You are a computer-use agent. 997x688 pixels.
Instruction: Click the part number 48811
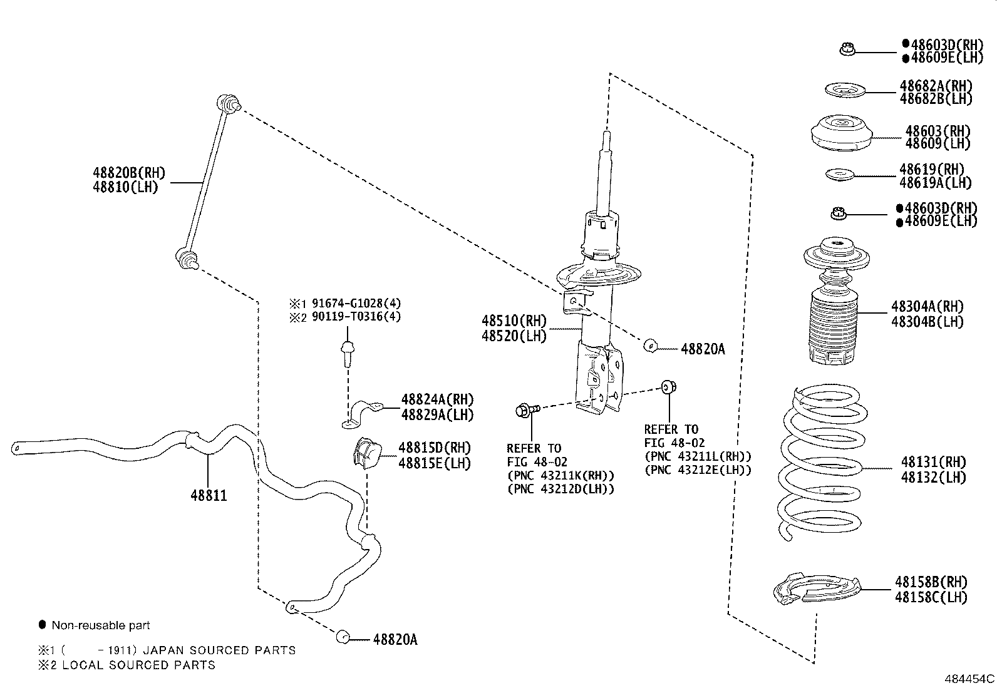click(x=208, y=496)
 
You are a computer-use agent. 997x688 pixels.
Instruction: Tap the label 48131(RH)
click(x=933, y=462)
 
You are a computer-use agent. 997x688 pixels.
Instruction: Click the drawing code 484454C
click(x=969, y=678)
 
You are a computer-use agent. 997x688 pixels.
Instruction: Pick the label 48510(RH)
click(x=514, y=321)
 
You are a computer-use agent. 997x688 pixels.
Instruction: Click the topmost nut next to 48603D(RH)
click(x=847, y=48)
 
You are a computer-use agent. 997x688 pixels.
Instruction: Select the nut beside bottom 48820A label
click(x=343, y=637)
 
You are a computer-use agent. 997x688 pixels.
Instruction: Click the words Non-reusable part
click(x=100, y=625)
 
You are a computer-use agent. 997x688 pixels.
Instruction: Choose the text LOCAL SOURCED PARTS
click(x=138, y=665)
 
